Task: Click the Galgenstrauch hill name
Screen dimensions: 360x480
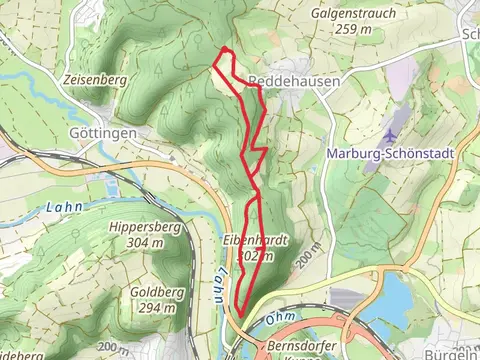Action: point(353,15)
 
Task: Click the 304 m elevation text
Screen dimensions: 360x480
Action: point(145,243)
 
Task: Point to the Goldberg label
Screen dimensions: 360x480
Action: point(153,293)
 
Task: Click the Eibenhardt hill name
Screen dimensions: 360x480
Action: point(256,241)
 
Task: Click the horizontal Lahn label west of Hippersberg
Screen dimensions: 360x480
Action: point(61,207)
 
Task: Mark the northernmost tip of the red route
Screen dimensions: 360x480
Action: point(226,49)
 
